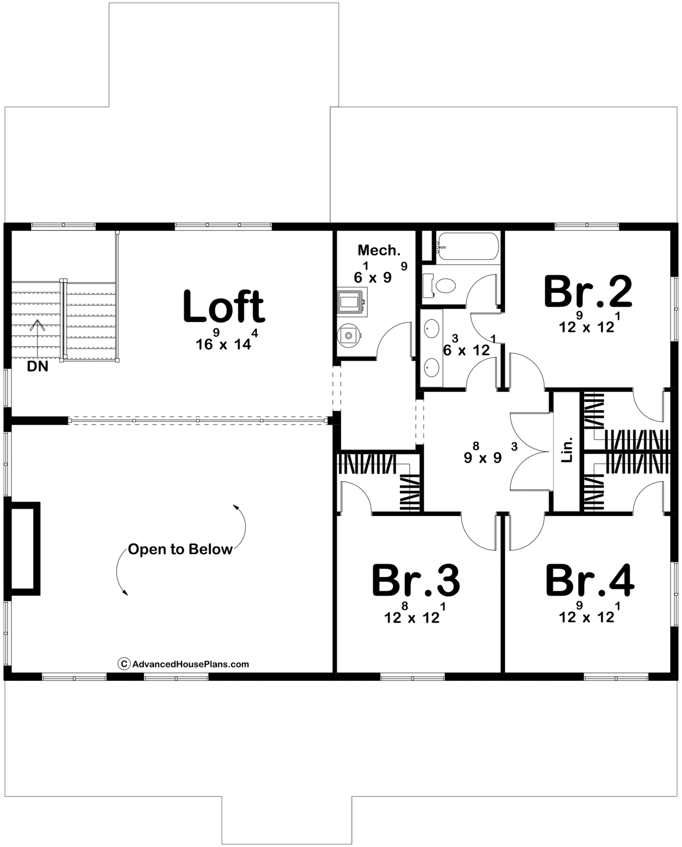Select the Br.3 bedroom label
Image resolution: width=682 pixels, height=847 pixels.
pyautogui.click(x=415, y=581)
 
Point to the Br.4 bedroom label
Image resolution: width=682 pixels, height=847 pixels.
pyautogui.click(x=590, y=581)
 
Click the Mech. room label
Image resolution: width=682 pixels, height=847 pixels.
pyautogui.click(x=379, y=250)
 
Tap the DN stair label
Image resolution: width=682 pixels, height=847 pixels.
pyautogui.click(x=38, y=366)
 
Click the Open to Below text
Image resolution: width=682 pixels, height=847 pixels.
pyautogui.click(x=180, y=549)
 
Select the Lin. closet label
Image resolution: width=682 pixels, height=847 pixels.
pyautogui.click(x=566, y=449)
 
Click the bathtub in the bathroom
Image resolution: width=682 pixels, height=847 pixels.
pyautogui.click(x=468, y=246)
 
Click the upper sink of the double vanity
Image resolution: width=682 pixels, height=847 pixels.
pyautogui.click(x=432, y=329)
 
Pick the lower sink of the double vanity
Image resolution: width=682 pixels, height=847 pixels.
pyautogui.click(x=432, y=367)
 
